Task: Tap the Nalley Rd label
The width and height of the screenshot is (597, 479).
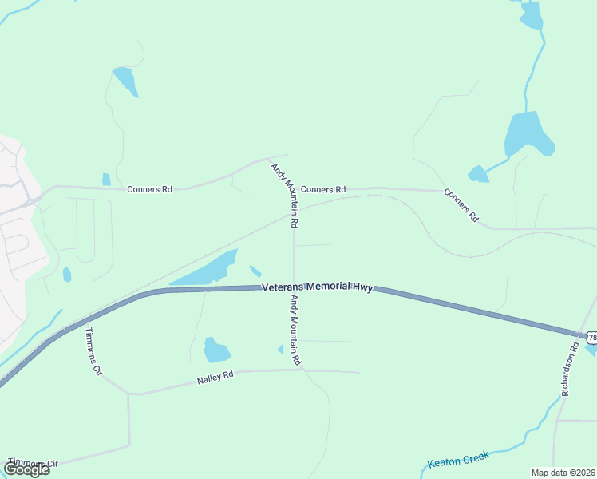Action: click(x=215, y=378)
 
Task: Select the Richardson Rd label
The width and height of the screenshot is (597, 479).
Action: click(x=570, y=370)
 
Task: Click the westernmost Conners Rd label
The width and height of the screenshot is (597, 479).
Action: click(x=150, y=189)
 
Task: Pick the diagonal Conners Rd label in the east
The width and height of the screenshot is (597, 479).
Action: click(x=461, y=205)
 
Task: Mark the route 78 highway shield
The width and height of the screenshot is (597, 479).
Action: click(x=591, y=338)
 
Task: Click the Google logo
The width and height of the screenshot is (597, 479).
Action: click(x=26, y=469)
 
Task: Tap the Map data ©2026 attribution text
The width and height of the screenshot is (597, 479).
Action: click(x=562, y=473)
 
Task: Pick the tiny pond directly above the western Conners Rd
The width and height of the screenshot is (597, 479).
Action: click(x=106, y=179)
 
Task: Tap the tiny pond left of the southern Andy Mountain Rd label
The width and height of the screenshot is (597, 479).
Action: click(x=280, y=349)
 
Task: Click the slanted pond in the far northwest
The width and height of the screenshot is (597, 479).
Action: click(x=126, y=81)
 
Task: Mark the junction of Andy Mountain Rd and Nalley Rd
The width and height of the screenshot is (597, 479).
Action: click(x=299, y=370)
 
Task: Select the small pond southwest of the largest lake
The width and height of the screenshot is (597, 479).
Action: click(x=478, y=174)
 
